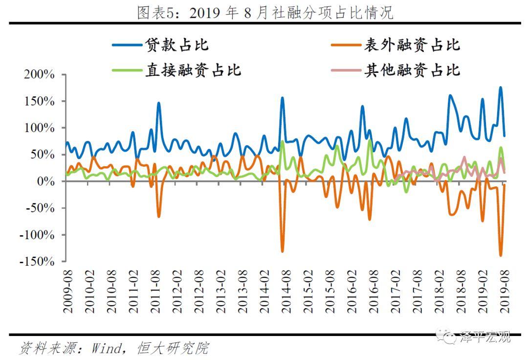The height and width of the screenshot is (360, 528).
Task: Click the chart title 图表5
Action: pyautogui.click(x=264, y=12)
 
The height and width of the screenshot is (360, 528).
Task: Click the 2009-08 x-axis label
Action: pyautogui.click(x=67, y=291)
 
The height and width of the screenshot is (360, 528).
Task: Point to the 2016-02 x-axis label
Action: pyautogui.click(x=351, y=291)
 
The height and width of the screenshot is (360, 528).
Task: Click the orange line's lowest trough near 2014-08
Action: pyautogui.click(x=282, y=251)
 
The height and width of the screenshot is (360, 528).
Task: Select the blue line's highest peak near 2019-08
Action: pyautogui.click(x=501, y=88)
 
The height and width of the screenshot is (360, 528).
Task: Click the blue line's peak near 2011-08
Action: pyautogui.click(x=159, y=103)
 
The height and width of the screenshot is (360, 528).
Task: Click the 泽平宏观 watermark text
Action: pyautogui.click(x=484, y=337)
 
